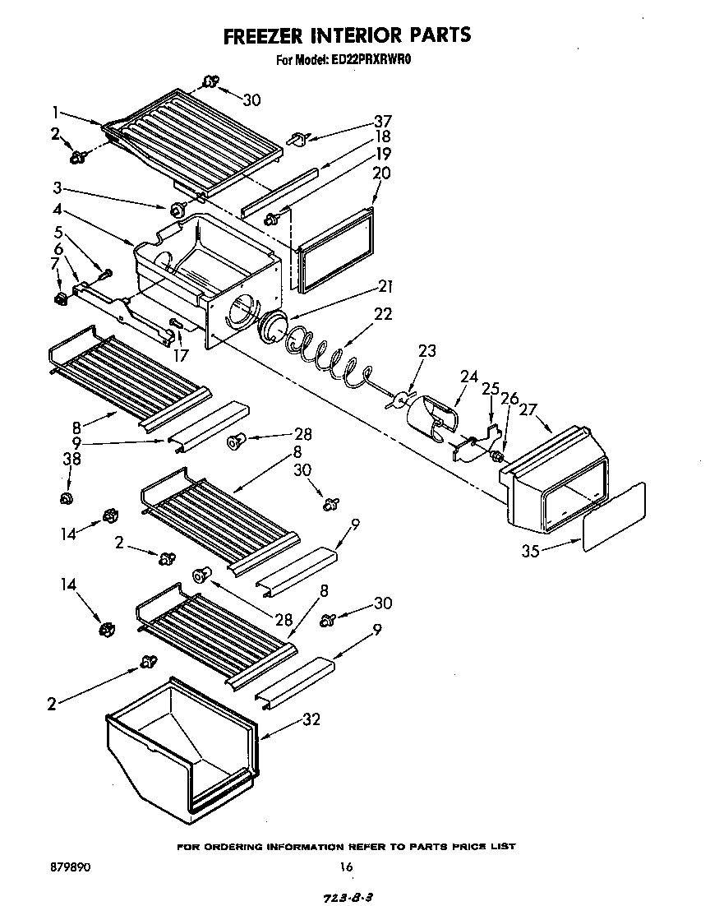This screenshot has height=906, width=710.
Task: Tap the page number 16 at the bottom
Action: tap(346, 866)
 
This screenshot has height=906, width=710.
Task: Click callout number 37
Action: tap(382, 120)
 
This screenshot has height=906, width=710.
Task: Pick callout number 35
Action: tap(530, 551)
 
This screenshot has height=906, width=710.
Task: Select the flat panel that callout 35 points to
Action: tap(614, 516)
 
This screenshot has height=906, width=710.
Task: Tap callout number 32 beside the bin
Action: tap(311, 719)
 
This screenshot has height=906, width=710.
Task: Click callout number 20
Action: tap(381, 173)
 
